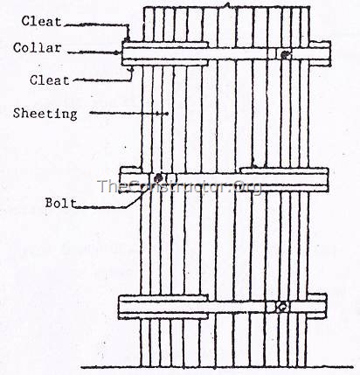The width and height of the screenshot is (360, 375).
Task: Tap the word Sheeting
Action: (x=45, y=113)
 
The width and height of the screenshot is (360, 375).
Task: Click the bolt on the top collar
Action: (x=285, y=54)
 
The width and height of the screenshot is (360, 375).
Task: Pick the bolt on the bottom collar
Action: (x=280, y=307)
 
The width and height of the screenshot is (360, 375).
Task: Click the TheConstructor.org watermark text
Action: (x=180, y=186)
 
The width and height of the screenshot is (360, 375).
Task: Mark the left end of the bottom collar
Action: (x=122, y=306)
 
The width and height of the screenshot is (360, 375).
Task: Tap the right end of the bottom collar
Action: (x=324, y=306)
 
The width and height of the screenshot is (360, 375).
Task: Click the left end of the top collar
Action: (x=125, y=52)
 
